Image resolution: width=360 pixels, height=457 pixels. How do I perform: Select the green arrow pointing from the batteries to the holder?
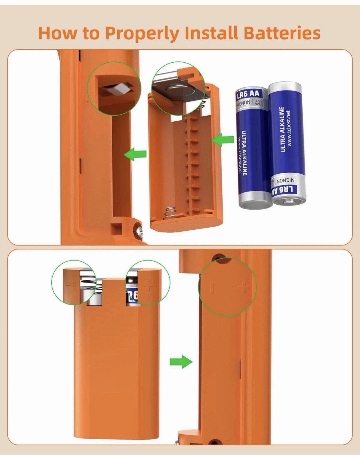[224, 140]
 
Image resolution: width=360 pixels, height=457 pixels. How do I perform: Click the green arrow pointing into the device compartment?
[136, 154]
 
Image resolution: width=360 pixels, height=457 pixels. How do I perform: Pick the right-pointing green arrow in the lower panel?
[181, 362]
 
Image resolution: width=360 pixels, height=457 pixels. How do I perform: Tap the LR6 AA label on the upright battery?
[248, 95]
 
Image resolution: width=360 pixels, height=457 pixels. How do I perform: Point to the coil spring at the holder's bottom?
[169, 213]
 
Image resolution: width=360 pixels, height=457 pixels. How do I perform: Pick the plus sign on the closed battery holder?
[147, 285]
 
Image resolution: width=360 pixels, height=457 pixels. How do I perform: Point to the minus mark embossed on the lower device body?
[212, 287]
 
